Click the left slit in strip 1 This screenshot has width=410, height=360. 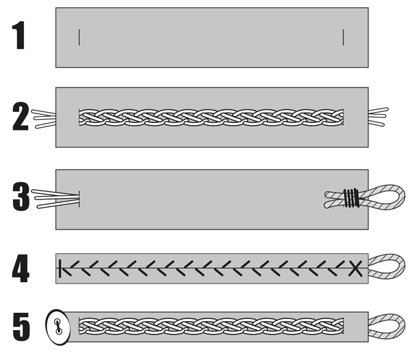(79, 37)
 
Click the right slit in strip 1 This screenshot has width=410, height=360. (343, 37)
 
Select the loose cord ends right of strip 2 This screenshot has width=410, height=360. (380, 117)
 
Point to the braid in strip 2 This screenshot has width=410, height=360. (211, 117)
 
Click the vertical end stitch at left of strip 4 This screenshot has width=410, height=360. (61, 268)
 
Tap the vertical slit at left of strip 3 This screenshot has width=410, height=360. (80, 198)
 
